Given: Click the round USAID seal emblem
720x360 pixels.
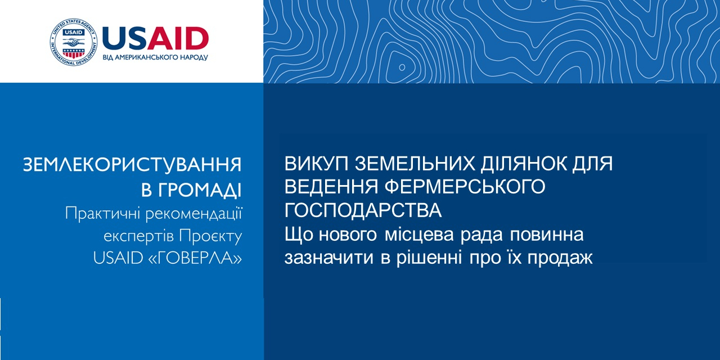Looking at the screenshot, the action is (73, 42).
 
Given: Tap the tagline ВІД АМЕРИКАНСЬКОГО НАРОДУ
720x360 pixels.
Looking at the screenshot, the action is (155, 57).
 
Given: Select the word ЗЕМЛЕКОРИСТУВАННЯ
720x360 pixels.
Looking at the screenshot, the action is (132, 165).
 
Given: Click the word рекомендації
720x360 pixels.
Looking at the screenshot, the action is (194, 214).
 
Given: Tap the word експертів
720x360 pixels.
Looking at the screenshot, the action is (139, 237).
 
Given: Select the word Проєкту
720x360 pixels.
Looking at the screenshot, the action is (210, 236).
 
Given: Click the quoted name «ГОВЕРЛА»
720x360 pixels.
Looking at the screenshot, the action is (196, 258).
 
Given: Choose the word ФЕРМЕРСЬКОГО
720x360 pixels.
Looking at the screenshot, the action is (465, 187).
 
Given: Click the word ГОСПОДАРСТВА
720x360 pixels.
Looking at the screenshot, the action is (363, 210).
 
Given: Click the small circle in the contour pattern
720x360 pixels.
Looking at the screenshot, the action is (402, 67).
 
